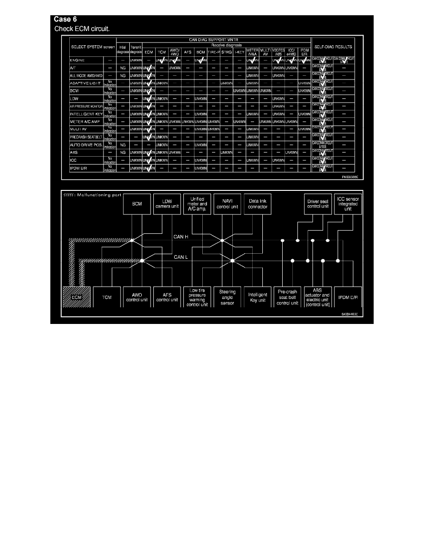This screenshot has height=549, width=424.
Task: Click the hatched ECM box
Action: [77, 298]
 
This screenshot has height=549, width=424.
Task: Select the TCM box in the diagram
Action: [107, 298]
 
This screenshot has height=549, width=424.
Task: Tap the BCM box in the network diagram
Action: [137, 204]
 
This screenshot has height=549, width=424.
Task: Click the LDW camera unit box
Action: [167, 204]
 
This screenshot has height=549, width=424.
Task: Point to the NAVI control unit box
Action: [227, 204]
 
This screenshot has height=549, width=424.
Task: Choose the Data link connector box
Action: [257, 204]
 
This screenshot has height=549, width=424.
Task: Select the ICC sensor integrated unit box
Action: [348, 204]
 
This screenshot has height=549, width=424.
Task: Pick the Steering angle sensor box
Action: [227, 298]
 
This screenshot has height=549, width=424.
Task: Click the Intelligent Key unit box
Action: [257, 298]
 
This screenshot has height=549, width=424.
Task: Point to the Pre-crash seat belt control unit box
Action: [289, 298]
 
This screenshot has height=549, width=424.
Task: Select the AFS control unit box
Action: [167, 298]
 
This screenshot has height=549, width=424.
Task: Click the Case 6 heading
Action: [66, 19]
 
